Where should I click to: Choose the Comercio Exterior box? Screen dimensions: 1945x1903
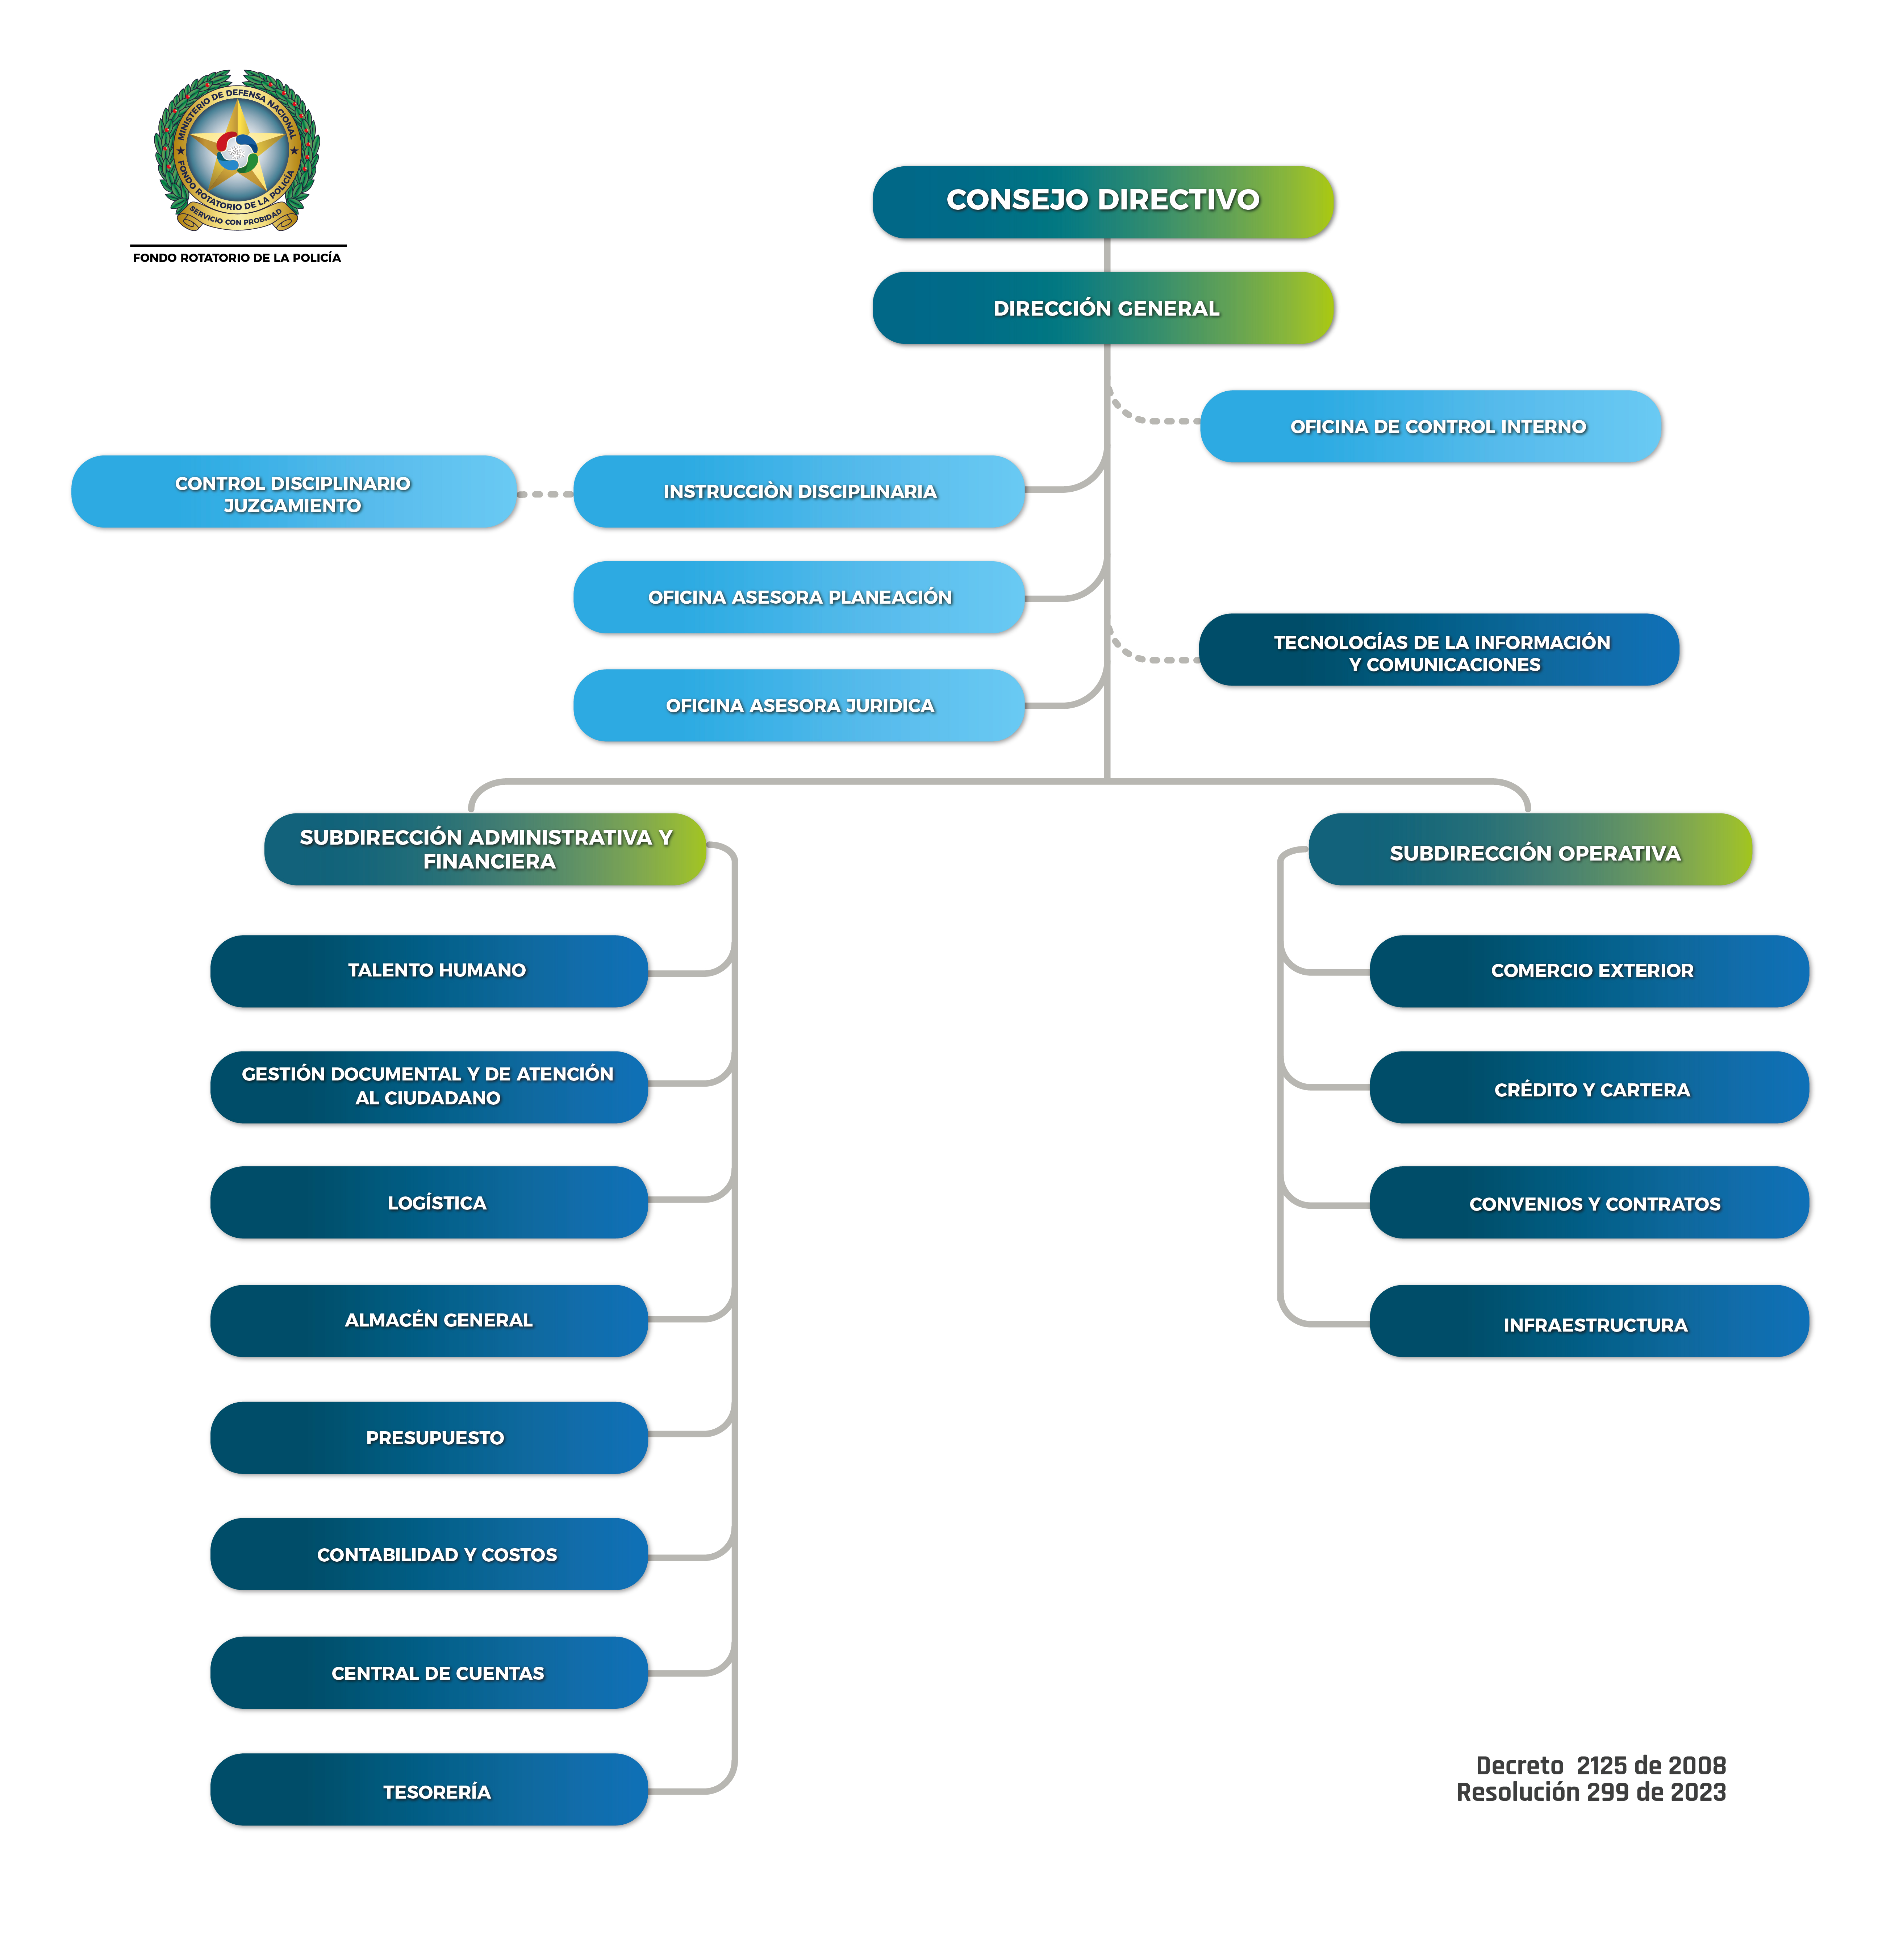pyautogui.click(x=1589, y=970)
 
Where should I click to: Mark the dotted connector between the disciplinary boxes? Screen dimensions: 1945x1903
pyautogui.click(x=545, y=494)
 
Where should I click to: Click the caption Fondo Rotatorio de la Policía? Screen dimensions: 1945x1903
pyautogui.click(x=237, y=258)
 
